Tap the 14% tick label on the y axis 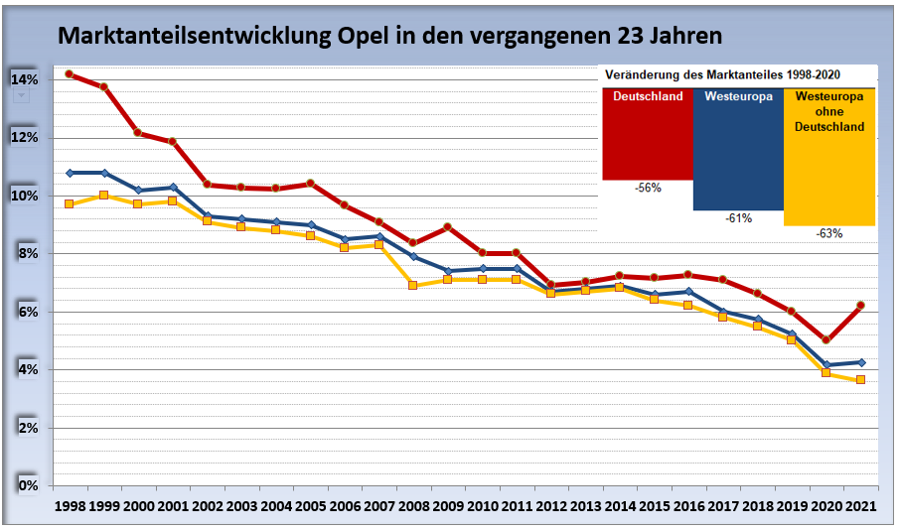[25, 79]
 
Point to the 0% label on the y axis [28, 485]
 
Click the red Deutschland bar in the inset [647, 134]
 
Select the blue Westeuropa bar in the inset [737, 149]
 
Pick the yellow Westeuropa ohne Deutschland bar [828, 157]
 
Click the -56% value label [647, 189]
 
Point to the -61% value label [738, 218]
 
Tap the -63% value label [828, 234]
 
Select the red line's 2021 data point [860, 305]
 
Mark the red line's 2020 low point [826, 339]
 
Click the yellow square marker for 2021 [860, 379]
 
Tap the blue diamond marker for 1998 [70, 173]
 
